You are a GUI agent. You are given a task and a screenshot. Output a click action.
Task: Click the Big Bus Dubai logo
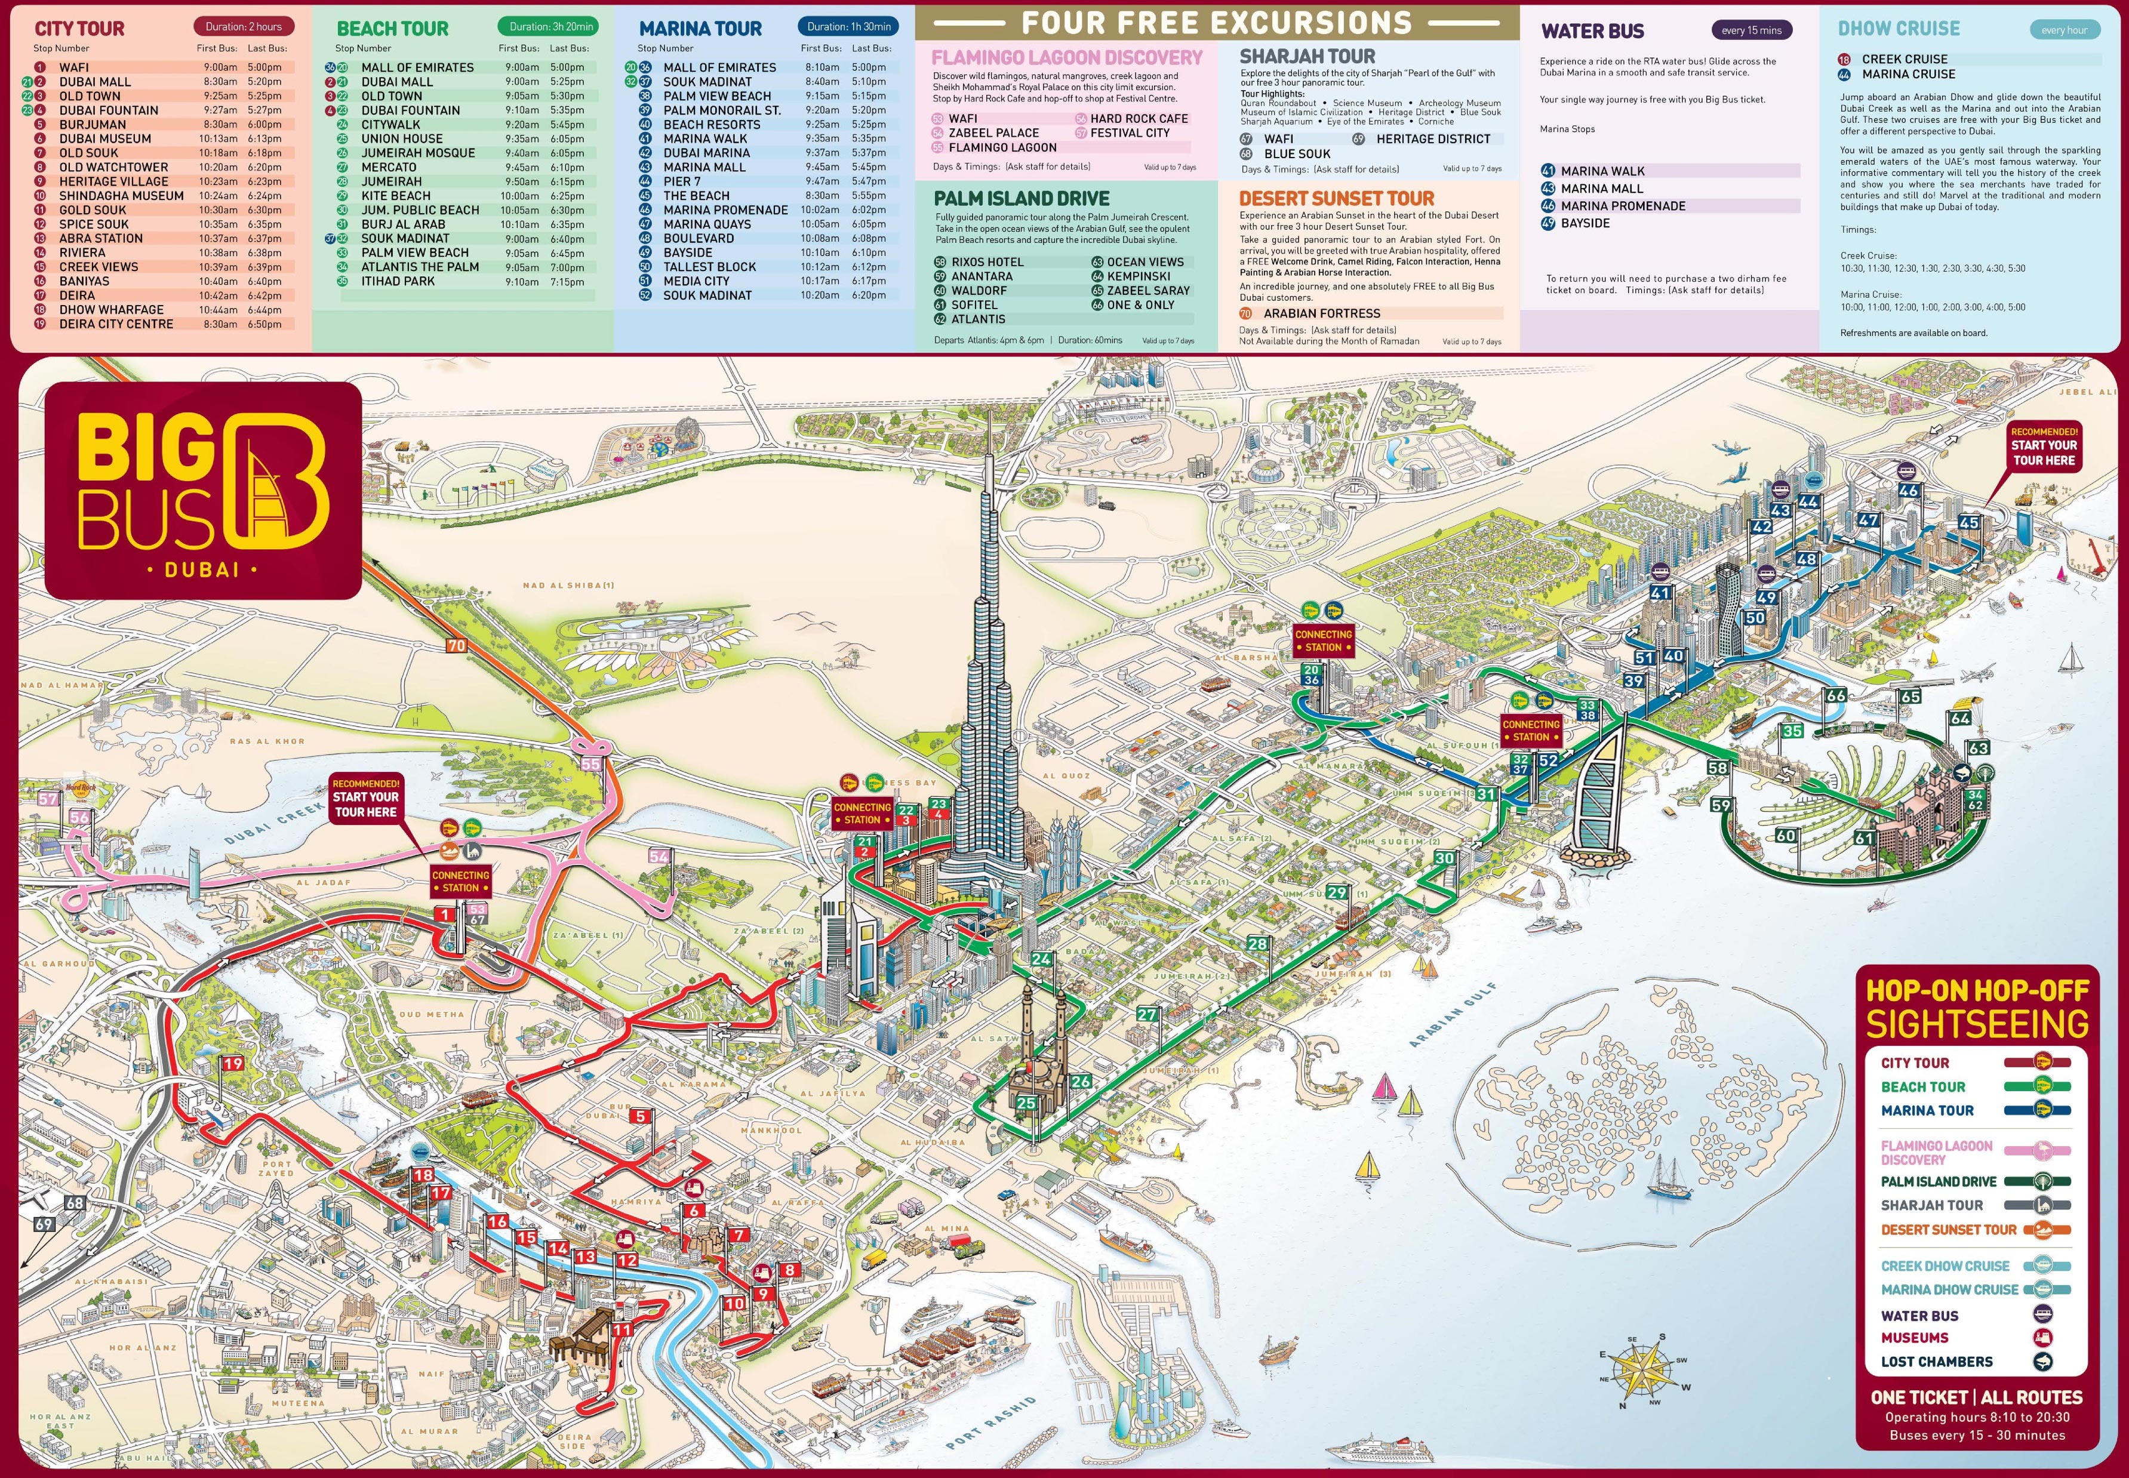pyautogui.click(x=203, y=491)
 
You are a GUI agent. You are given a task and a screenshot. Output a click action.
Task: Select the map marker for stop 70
pyautogui.click(x=457, y=645)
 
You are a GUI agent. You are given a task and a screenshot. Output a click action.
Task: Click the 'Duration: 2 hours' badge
pyautogui.click(x=244, y=27)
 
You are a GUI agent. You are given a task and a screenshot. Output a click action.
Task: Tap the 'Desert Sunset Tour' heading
pyautogui.click(x=1336, y=198)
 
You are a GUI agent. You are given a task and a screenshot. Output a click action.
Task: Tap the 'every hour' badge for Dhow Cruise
pyautogui.click(x=2063, y=30)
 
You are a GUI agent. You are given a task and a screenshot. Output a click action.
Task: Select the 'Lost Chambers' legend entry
pyautogui.click(x=1936, y=1362)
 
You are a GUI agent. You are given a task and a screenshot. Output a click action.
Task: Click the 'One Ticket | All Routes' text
pyautogui.click(x=1976, y=1397)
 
